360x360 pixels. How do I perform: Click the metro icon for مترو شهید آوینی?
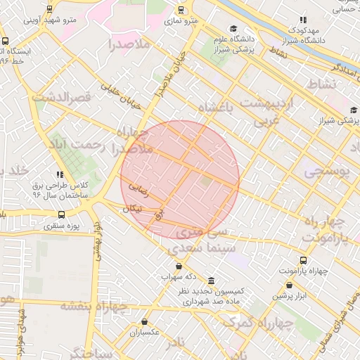coord(49,9)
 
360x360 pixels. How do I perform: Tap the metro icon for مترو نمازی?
coord(182,11)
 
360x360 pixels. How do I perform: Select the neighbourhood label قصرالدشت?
coord(59,96)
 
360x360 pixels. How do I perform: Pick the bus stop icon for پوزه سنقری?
coord(62,214)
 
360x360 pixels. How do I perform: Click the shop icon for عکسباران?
coord(144,321)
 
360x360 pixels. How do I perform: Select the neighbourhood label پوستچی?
coord(326,172)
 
